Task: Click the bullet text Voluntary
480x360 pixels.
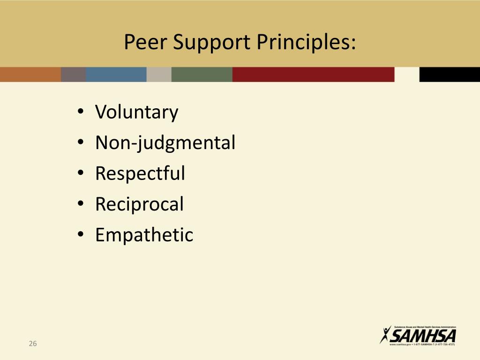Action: click(x=136, y=112)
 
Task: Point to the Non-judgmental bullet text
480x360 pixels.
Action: click(x=165, y=143)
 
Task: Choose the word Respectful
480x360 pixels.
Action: click(x=140, y=173)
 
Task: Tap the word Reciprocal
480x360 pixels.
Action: click(x=139, y=204)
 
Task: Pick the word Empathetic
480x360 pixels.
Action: click(x=144, y=234)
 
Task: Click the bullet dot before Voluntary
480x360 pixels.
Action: click(x=81, y=113)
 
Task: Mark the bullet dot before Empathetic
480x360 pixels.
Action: click(x=81, y=235)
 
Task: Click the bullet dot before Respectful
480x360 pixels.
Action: click(x=81, y=174)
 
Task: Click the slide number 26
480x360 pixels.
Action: click(x=32, y=344)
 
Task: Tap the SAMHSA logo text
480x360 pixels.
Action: click(x=423, y=336)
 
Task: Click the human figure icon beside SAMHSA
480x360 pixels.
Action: click(x=386, y=335)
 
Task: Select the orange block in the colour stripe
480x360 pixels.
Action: click(x=30, y=75)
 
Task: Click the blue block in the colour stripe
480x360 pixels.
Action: click(x=116, y=75)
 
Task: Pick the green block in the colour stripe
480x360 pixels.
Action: click(x=202, y=75)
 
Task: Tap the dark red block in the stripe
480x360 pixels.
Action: click(x=313, y=75)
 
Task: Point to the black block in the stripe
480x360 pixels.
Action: click(x=449, y=75)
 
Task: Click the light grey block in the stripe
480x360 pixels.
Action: click(x=159, y=75)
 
